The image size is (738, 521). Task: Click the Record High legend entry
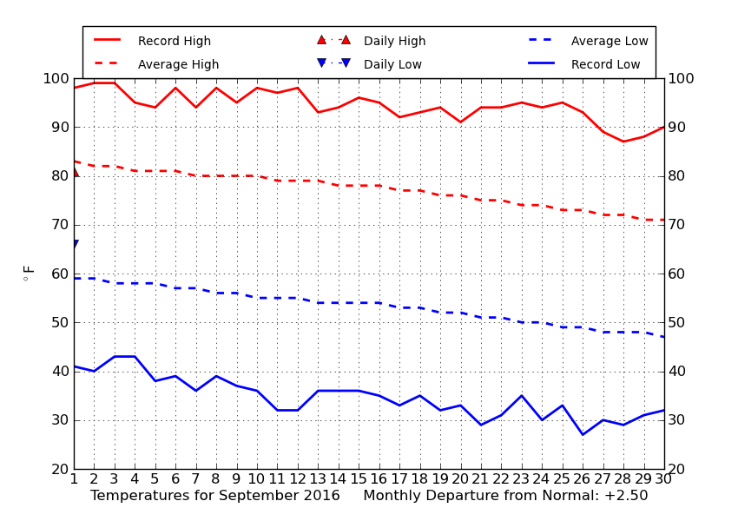tap(175, 41)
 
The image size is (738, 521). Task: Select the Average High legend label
tap(178, 64)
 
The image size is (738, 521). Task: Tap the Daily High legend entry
tap(394, 41)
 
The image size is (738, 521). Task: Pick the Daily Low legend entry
tap(392, 64)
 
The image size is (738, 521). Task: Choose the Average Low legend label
tap(610, 41)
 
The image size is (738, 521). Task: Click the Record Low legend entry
tap(605, 64)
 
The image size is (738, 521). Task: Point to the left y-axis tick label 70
tap(60, 225)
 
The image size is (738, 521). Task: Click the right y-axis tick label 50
tap(677, 322)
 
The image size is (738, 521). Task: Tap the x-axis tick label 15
tap(359, 479)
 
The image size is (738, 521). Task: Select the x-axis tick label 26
tap(583, 479)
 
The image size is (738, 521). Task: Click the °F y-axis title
tap(29, 274)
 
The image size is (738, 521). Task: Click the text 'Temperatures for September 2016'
tap(215, 496)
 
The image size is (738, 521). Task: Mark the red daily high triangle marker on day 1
tap(76, 172)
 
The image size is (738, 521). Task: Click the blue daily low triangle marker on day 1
tap(76, 244)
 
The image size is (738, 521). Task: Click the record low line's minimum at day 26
tap(583, 434)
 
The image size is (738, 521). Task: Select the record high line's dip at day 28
tap(623, 142)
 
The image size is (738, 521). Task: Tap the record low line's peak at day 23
tap(522, 396)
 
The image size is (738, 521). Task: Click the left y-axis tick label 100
tap(56, 78)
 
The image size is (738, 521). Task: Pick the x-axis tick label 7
tap(196, 479)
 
